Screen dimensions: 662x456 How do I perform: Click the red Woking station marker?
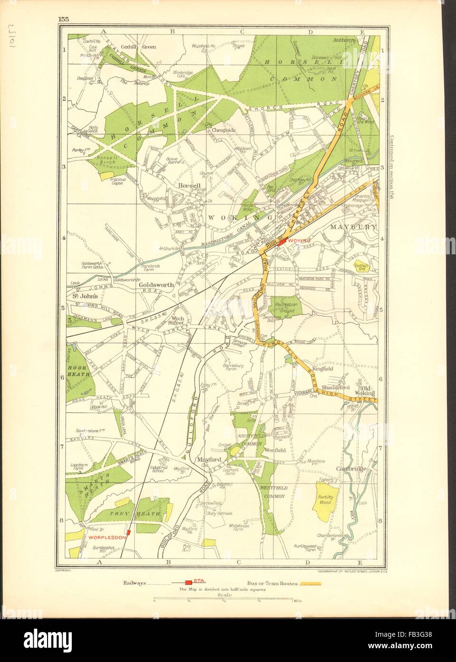pos(282,242)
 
